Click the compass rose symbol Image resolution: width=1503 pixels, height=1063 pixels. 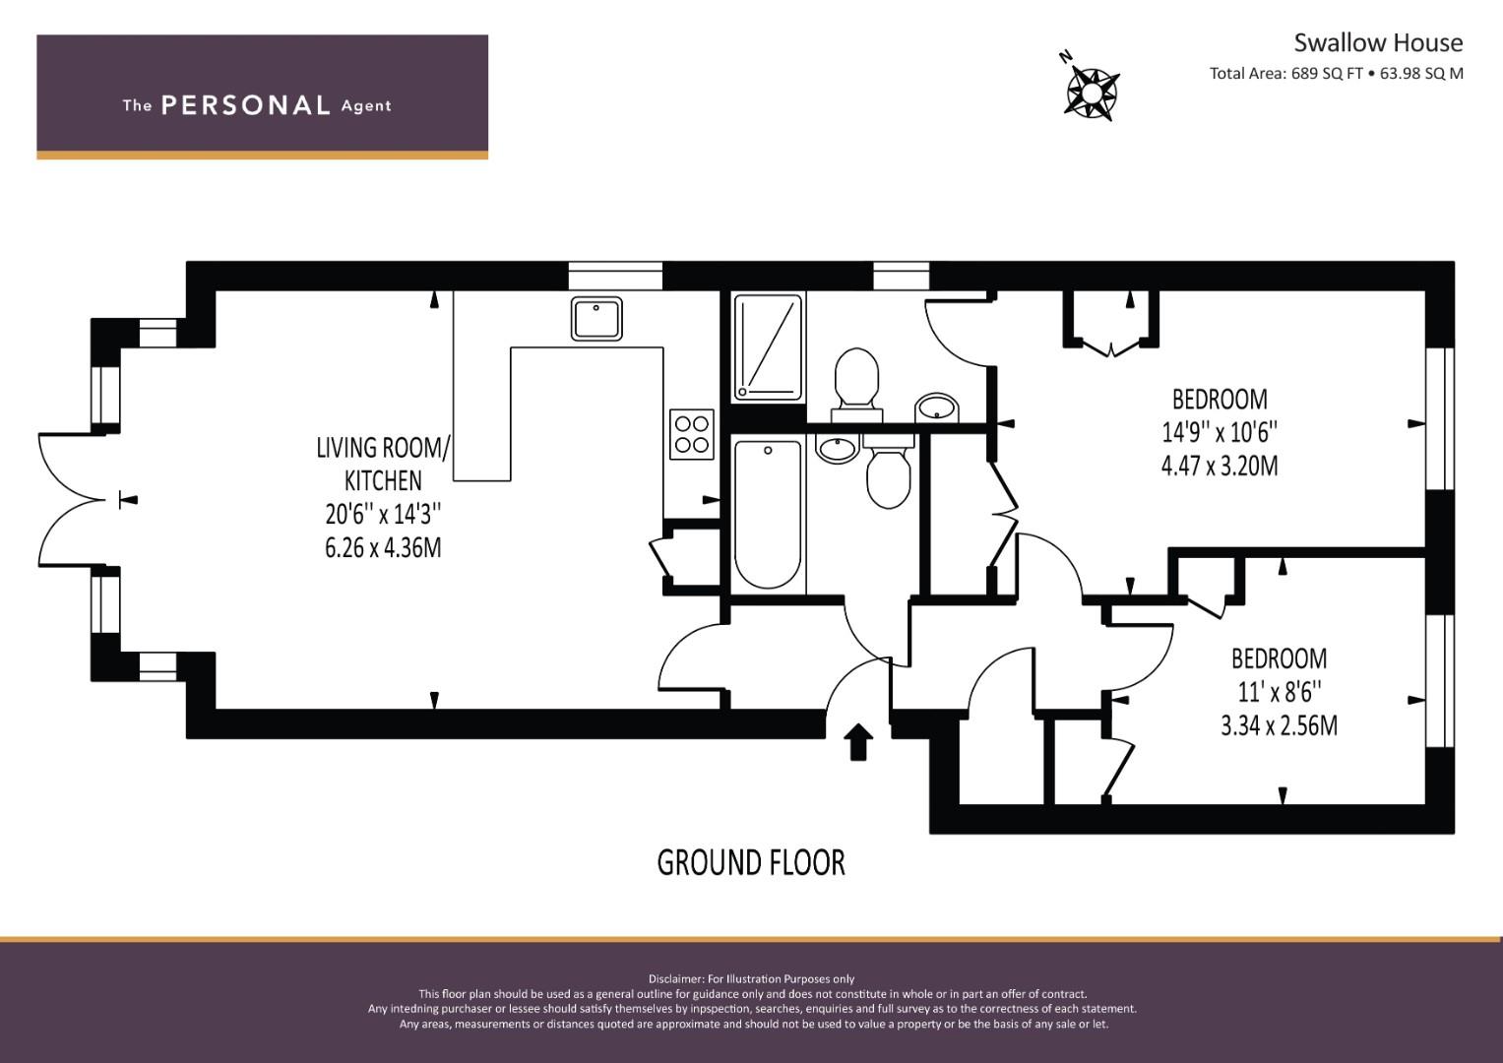pyautogui.click(x=1091, y=93)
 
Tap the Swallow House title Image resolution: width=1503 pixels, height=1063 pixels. pyautogui.click(x=1378, y=43)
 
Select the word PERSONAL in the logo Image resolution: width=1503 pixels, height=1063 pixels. pyautogui.click(x=246, y=105)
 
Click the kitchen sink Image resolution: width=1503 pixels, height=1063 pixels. pyautogui.click(x=596, y=319)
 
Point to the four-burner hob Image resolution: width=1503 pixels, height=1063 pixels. pyautogui.click(x=692, y=434)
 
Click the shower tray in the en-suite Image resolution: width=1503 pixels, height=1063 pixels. pyautogui.click(x=768, y=347)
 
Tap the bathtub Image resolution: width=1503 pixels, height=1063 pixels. pyautogui.click(x=768, y=514)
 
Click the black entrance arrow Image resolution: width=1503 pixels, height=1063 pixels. pyautogui.click(x=858, y=741)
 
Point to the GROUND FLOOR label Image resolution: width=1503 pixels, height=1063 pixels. pyautogui.click(x=751, y=863)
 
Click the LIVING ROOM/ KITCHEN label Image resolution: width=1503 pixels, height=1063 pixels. pyautogui.click(x=383, y=464)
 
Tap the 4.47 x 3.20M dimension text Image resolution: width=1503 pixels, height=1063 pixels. pyautogui.click(x=1220, y=466)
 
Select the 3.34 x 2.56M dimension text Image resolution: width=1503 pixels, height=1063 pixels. pyautogui.click(x=1279, y=726)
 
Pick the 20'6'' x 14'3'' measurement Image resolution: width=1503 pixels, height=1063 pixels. pyautogui.click(x=383, y=515)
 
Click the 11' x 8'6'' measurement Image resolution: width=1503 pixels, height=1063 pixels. pyautogui.click(x=1279, y=692)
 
